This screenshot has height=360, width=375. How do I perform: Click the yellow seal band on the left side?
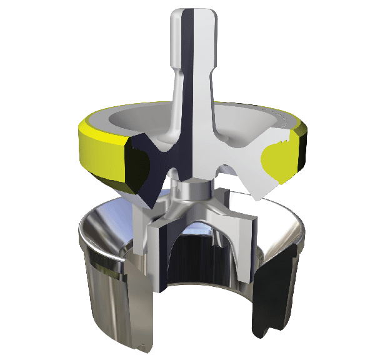pyautogui.click(x=100, y=150)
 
